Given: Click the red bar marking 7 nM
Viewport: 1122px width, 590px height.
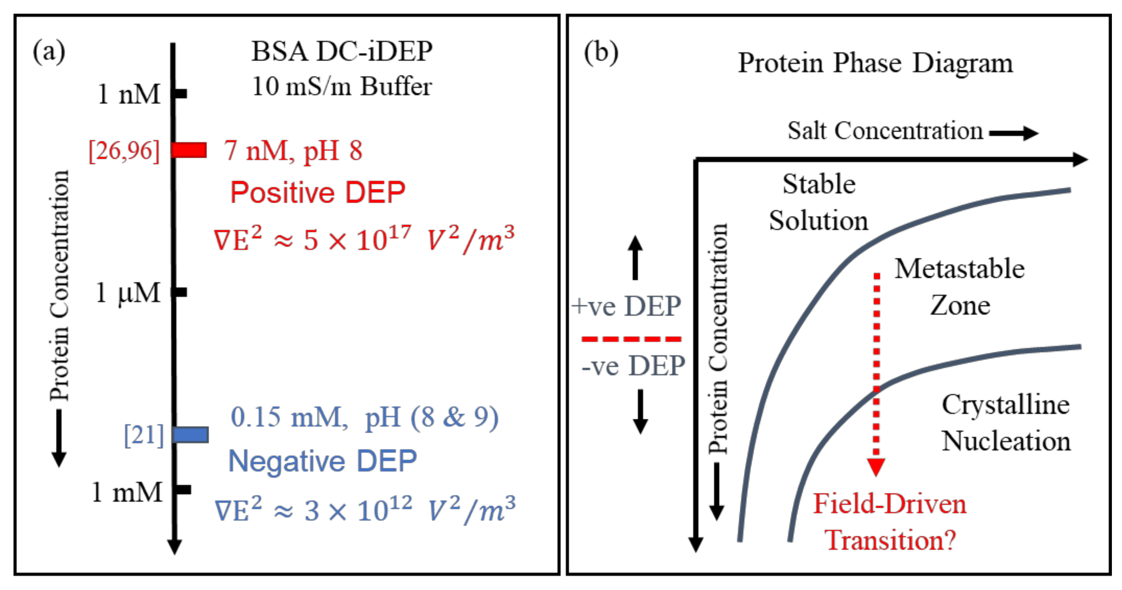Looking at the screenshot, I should (x=189, y=150).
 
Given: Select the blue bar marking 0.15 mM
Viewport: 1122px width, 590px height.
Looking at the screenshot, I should (x=191, y=435).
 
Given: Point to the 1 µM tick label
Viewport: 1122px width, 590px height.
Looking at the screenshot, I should (x=128, y=293).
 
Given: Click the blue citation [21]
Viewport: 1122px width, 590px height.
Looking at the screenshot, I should (x=144, y=435).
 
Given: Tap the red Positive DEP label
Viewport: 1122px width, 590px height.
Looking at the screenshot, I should (x=317, y=192).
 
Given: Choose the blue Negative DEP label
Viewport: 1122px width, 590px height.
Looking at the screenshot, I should (x=322, y=461).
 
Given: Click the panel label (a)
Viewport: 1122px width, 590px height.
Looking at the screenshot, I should (x=49, y=51).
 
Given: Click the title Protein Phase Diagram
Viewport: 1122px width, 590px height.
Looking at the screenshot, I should (x=875, y=63).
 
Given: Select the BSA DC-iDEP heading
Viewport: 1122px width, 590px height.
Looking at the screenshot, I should (x=342, y=51).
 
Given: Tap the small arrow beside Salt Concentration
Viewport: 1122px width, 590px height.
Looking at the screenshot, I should (x=1014, y=133).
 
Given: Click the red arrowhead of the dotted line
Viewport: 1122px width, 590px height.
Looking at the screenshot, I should (x=875, y=467).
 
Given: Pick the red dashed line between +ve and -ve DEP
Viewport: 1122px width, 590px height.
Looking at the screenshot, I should (x=631, y=338).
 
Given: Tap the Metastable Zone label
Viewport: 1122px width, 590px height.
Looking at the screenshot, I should (x=959, y=287).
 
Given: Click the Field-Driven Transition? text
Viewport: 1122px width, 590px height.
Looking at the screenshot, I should (x=890, y=522).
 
